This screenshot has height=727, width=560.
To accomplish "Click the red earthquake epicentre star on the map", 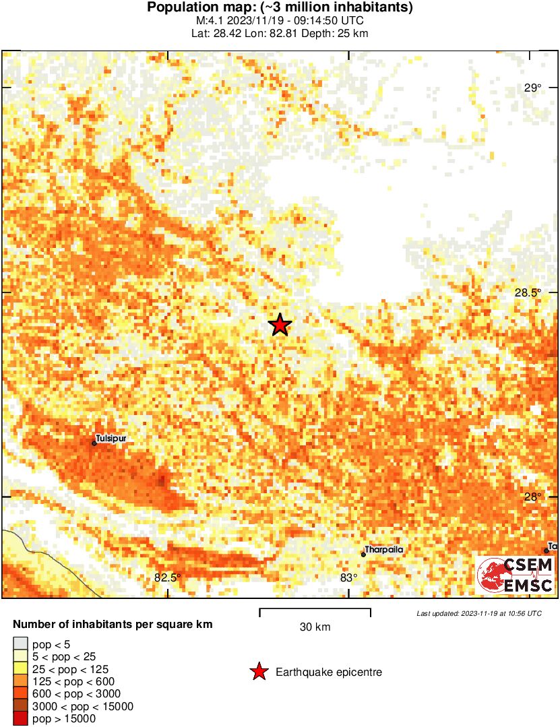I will click(x=280, y=325).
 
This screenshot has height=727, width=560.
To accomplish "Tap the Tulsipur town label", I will click(x=111, y=438).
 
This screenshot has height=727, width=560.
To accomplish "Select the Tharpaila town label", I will click(x=384, y=550).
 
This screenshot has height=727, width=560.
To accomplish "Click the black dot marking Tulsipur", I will click(x=94, y=443).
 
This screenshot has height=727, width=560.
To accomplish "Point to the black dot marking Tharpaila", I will click(x=363, y=555).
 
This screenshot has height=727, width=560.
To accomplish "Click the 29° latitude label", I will click(x=533, y=88).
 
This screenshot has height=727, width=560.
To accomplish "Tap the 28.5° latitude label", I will click(x=529, y=292).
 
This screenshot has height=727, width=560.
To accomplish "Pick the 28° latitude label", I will click(x=533, y=497).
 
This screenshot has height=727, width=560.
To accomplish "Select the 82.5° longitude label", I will click(x=168, y=577).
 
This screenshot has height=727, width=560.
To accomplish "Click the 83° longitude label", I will click(x=348, y=577).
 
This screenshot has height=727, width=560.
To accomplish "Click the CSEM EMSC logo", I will click(x=516, y=575).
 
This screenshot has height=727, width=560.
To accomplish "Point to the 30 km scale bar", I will click(x=315, y=612).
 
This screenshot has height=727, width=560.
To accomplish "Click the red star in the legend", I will click(x=257, y=672).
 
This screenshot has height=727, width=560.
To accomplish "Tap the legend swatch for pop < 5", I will click(x=21, y=645).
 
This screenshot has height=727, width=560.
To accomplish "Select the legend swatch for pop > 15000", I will click(x=21, y=718).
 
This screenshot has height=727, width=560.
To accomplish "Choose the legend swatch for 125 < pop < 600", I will click(x=21, y=682).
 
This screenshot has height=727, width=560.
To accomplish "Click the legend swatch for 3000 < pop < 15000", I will click(x=21, y=706).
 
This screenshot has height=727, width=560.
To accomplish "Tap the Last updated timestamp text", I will click(x=478, y=614).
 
